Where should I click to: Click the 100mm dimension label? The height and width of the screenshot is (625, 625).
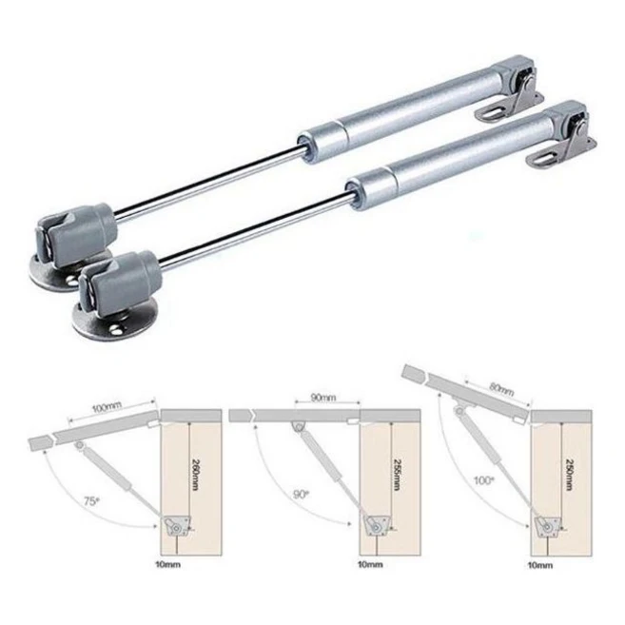click(106, 407)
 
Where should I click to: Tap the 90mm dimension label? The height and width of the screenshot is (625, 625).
click(323, 398)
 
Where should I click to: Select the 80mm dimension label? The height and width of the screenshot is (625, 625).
click(500, 389)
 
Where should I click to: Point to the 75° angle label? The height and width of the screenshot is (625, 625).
click(91, 501)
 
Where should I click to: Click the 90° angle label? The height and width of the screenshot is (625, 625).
click(301, 495)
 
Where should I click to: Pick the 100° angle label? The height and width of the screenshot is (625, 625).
click(483, 480)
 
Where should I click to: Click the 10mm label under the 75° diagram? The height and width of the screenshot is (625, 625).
click(167, 564)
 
